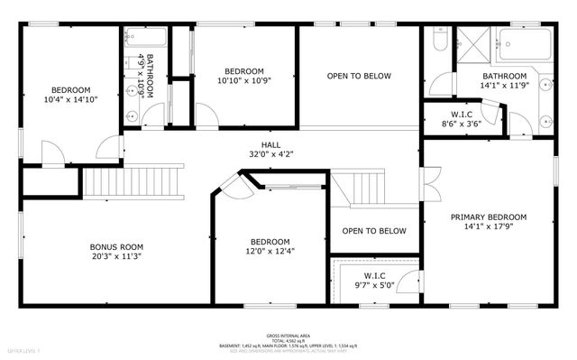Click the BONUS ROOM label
[116, 246]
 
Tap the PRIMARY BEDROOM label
[489, 217]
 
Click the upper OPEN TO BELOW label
[359, 76]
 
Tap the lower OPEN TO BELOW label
[374, 231]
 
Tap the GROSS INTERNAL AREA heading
[288, 333]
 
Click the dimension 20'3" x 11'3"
[116, 257]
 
